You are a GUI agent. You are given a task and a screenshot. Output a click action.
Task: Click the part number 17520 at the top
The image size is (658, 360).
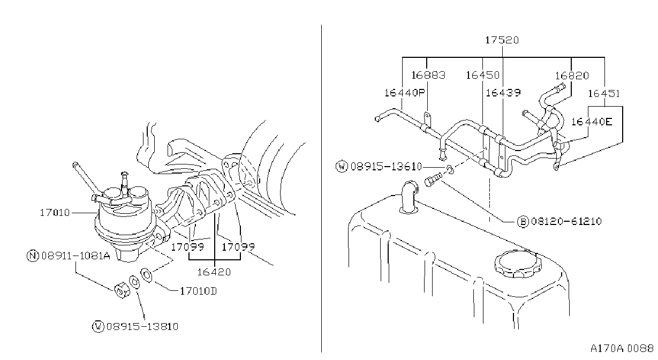[502, 40]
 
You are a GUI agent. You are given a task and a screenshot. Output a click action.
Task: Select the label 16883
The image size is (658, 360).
[428, 76]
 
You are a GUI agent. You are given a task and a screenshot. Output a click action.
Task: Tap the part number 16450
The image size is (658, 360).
[482, 76]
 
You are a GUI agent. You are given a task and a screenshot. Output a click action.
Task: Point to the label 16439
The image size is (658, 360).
[503, 93]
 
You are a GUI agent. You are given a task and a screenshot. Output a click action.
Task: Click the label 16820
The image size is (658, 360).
[572, 76]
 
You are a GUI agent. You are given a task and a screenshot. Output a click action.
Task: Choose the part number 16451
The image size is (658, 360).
[603, 94]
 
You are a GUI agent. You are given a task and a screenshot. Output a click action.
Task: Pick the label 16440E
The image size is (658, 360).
[592, 122]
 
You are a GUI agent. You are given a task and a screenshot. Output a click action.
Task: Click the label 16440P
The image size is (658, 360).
[405, 93]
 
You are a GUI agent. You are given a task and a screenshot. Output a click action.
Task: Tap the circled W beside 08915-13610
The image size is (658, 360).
[342, 166]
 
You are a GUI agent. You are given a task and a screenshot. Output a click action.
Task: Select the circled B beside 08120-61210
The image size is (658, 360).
[523, 221]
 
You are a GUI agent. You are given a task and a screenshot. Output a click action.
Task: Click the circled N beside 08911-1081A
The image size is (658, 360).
[33, 256]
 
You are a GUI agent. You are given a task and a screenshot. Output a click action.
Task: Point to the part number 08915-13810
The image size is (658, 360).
[142, 326]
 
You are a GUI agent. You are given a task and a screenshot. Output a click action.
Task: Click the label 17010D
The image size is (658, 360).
[198, 291]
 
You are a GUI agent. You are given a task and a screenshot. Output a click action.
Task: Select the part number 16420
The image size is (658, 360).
[214, 272]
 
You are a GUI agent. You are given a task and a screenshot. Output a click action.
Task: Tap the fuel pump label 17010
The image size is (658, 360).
[55, 213]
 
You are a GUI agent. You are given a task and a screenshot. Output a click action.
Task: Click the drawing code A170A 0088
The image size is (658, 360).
[622, 348]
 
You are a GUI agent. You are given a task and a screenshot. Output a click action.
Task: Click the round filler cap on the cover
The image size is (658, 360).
[518, 264]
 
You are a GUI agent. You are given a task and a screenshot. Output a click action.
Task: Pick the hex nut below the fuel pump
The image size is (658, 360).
[122, 290]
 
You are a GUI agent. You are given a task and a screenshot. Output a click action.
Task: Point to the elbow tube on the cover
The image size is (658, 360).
[409, 197]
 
